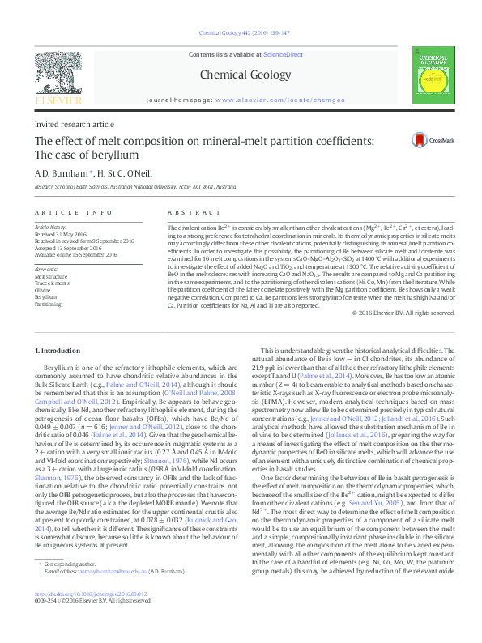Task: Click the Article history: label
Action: click(x=50, y=228)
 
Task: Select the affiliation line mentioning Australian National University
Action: click(x=134, y=187)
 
